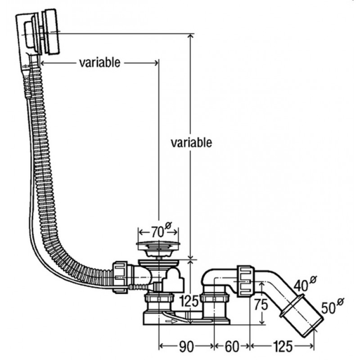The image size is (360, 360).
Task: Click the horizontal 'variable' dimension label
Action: [99, 63]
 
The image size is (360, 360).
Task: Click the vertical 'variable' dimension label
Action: [191, 143]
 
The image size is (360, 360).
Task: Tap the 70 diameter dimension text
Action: [156, 232]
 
